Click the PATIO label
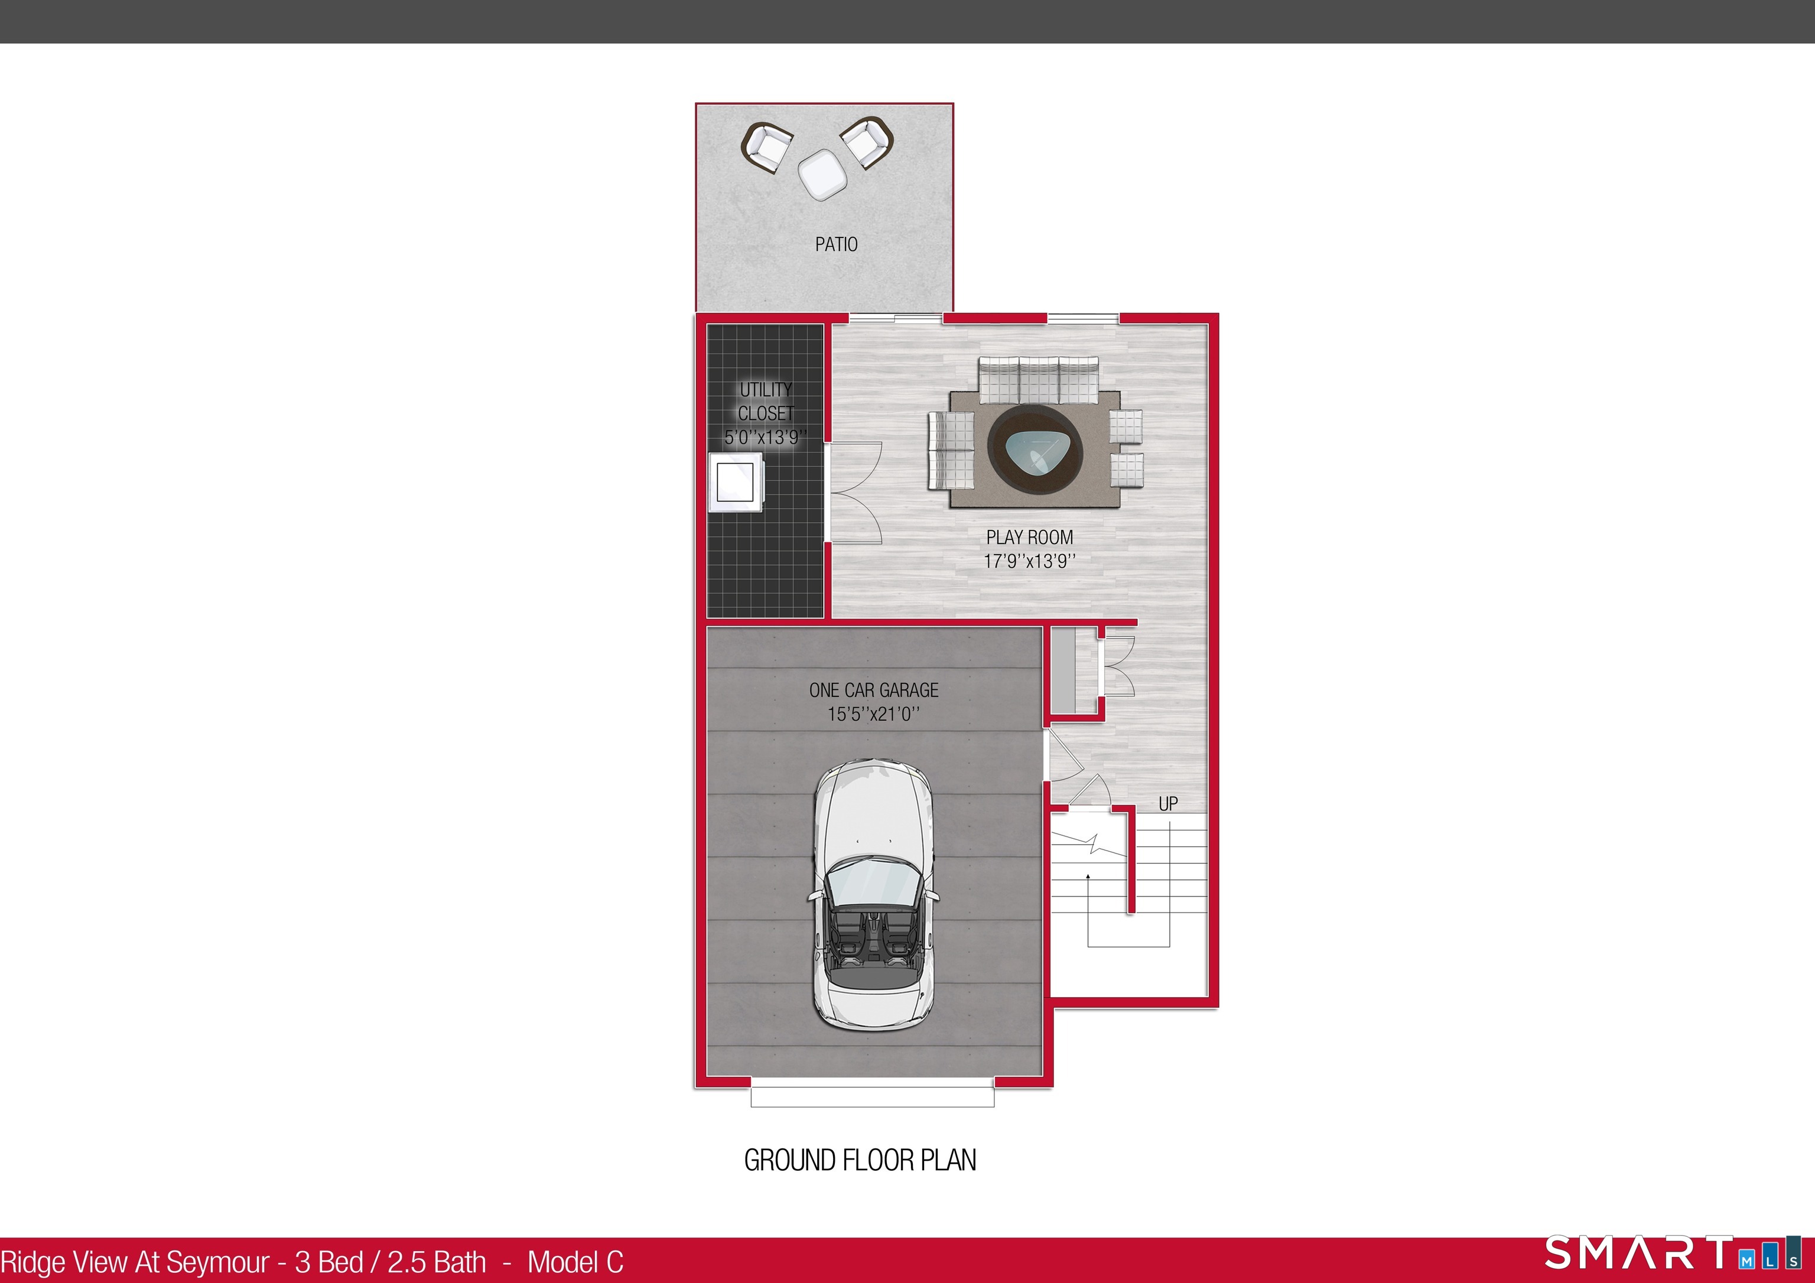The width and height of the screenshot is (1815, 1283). point(835,245)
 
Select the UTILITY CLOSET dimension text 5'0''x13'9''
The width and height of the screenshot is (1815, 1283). point(765,437)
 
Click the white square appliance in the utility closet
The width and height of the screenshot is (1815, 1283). point(735,482)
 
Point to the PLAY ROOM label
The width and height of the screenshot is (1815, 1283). point(1029,538)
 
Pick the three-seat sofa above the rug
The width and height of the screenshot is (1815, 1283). point(1038,379)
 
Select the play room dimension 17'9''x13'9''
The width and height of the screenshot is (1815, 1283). point(1029,561)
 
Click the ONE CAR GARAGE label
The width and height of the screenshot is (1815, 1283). point(873,690)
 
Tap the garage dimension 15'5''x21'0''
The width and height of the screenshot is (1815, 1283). point(873,714)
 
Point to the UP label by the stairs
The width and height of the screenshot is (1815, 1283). point(1167,804)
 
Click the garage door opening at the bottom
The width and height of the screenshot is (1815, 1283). point(872,1096)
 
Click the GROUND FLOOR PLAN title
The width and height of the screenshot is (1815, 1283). point(860,1160)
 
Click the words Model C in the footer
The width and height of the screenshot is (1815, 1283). point(575,1262)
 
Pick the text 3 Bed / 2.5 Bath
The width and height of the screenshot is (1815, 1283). point(391,1262)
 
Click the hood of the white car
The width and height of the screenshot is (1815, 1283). point(873,814)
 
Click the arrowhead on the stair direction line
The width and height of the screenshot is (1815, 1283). point(1088,877)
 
